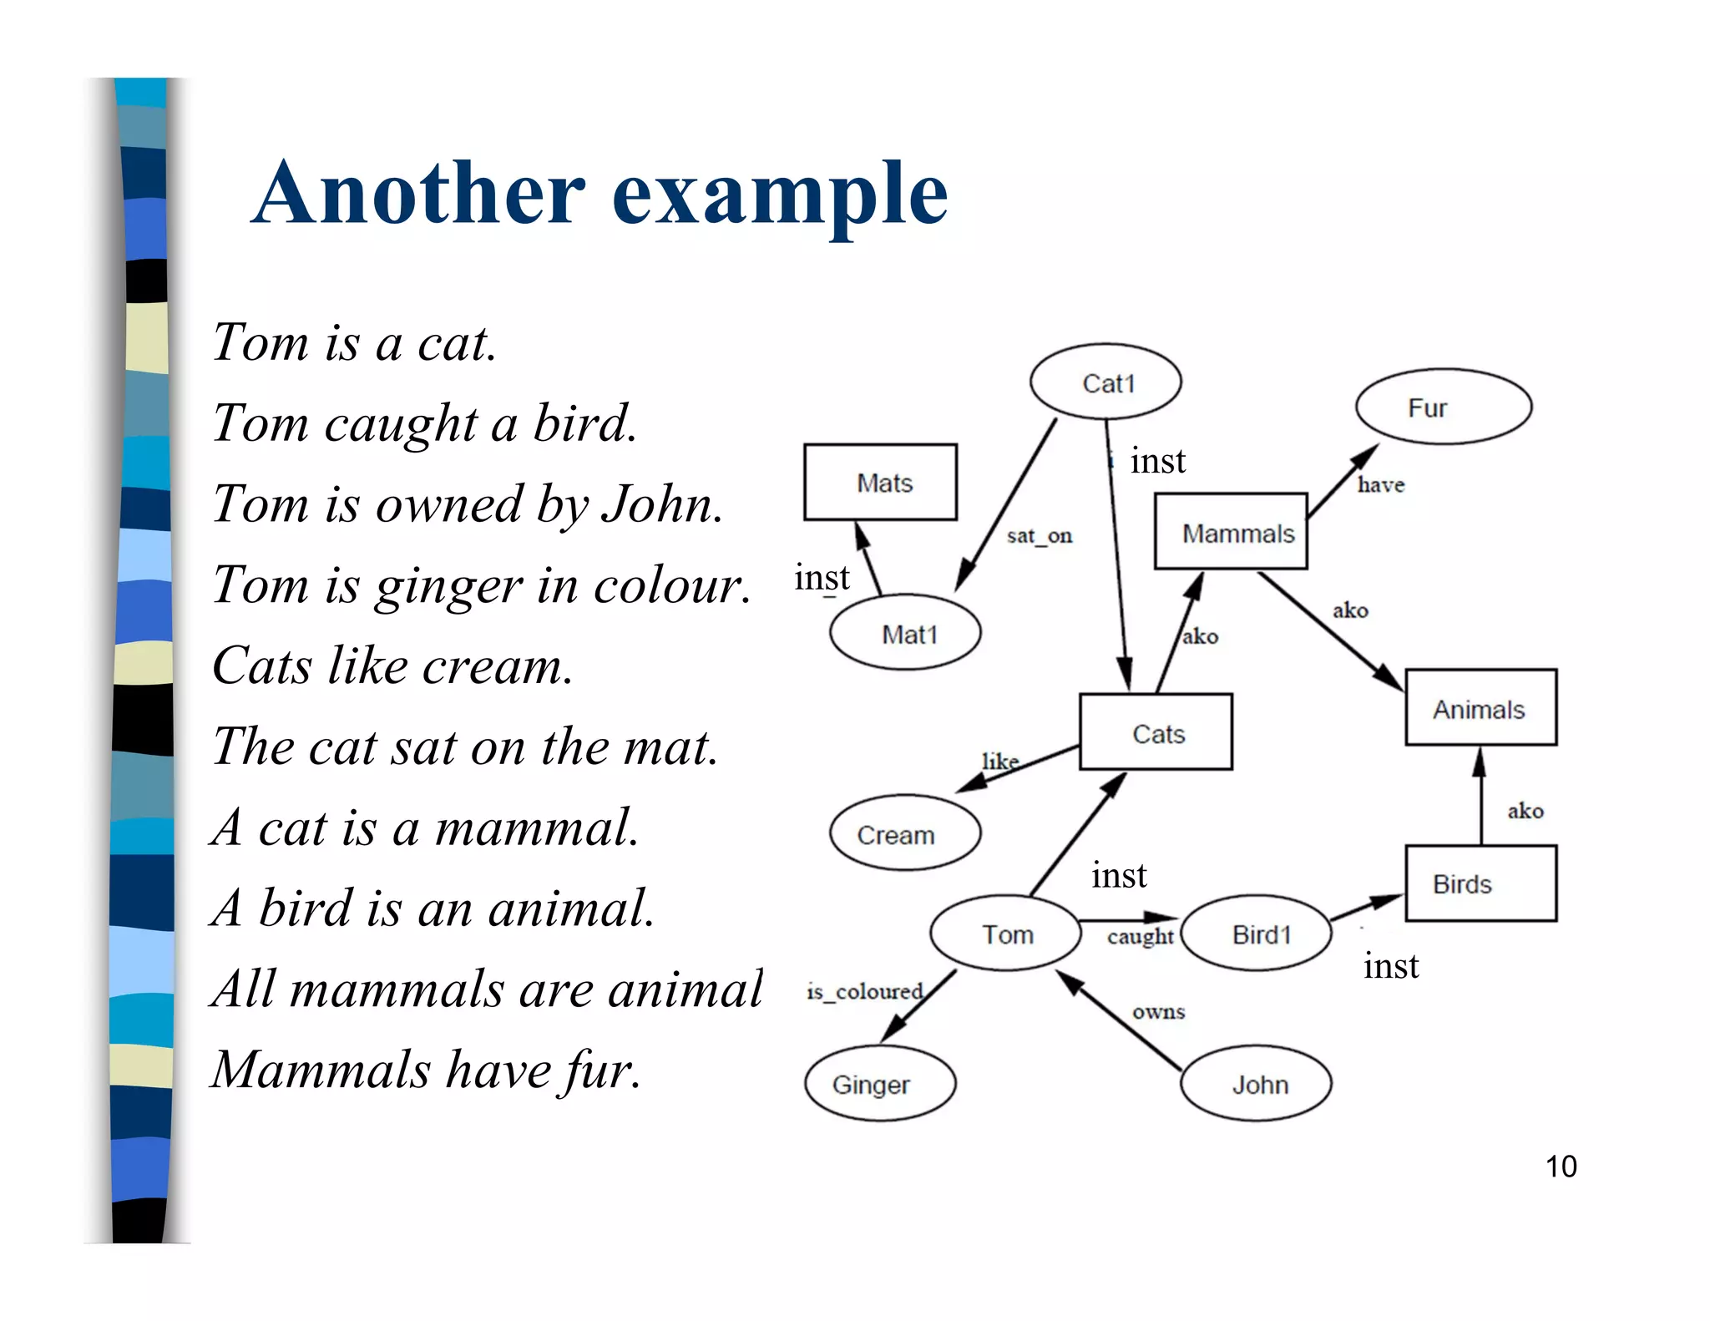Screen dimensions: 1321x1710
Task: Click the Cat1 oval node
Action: (x=1105, y=382)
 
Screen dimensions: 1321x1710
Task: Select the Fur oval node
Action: (x=1443, y=407)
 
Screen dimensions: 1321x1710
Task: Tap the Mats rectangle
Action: (x=880, y=482)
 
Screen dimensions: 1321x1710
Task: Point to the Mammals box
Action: (x=1231, y=532)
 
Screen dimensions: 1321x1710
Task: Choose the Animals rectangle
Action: (x=1480, y=707)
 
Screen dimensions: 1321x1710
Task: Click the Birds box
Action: (x=1480, y=883)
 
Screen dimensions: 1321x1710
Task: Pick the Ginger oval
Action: (x=880, y=1083)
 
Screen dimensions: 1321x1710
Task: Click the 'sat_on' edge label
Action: (x=1039, y=535)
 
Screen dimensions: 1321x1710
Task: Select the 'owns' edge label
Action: (x=1158, y=1011)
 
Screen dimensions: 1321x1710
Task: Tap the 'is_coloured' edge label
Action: (x=864, y=991)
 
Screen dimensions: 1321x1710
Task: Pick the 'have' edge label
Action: (x=1380, y=484)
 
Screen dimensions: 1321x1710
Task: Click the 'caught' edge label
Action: (x=1140, y=936)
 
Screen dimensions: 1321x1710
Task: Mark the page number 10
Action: (x=1561, y=1167)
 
